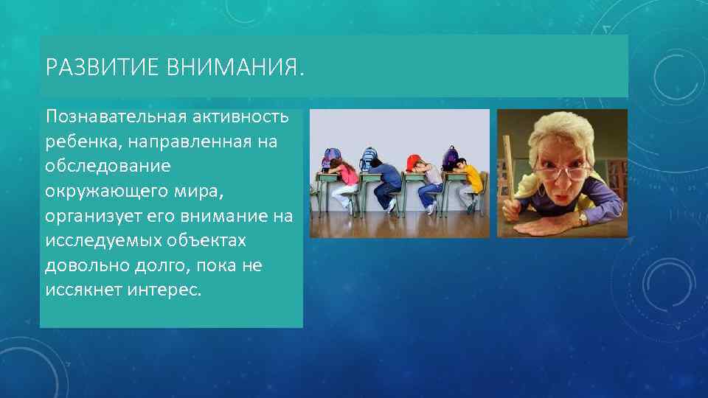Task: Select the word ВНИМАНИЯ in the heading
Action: point(234,69)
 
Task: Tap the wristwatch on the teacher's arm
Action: point(583,218)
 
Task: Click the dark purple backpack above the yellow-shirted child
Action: point(450,156)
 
